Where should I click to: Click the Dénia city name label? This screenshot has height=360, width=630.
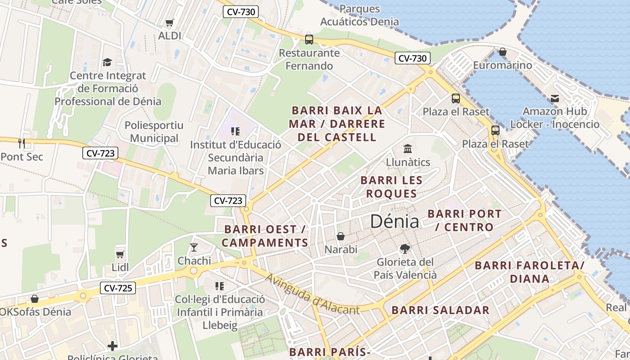[395, 221]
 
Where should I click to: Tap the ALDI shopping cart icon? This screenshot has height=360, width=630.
[170, 23]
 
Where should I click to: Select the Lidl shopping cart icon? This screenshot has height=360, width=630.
[120, 254]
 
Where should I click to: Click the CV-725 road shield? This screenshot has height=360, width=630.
[118, 288]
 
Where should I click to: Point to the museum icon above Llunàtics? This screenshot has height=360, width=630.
[408, 148]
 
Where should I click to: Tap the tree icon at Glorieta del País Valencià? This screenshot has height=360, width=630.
[405, 248]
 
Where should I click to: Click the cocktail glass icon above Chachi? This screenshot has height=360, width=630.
[194, 247]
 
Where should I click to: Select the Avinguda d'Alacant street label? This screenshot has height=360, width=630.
[312, 294]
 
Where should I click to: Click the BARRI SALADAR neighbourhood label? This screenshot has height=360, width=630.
[440, 310]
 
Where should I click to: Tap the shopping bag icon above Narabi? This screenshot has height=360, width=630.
[341, 236]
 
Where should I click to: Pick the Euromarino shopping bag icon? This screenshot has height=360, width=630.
[503, 52]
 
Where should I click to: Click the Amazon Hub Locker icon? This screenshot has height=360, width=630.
[554, 98]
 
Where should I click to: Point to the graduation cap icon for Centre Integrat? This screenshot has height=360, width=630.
[107, 62]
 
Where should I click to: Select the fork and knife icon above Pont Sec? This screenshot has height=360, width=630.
[22, 144]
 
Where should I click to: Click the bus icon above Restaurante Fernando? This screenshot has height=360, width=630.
[309, 39]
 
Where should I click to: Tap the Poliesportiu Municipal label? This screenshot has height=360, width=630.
[154, 132]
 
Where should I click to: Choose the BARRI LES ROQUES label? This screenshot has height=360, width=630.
[391, 187]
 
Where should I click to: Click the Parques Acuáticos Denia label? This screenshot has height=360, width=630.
[360, 15]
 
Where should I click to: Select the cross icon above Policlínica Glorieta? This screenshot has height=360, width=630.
[112, 346]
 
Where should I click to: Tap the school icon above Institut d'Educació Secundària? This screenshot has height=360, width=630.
[235, 131]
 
